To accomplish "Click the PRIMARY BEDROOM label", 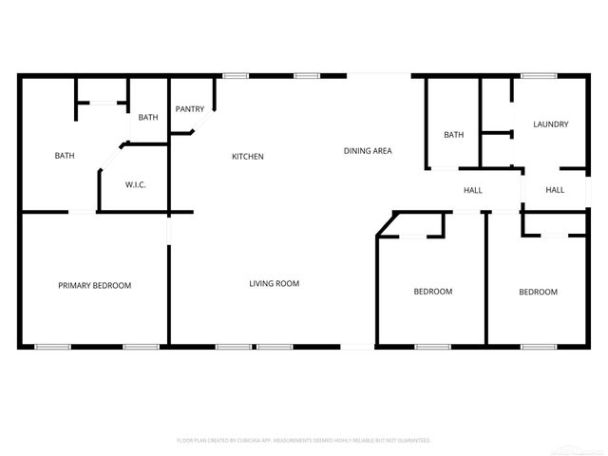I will point(94,285).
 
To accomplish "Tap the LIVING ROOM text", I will point(275,283).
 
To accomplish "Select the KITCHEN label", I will point(248,157).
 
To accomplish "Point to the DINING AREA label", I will point(368,151).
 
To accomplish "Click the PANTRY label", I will point(190,109).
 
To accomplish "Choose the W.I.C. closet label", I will point(135,184).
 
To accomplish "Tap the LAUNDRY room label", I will point(551,124).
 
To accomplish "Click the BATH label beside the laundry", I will point(454,135).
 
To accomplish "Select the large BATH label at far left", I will point(64,156).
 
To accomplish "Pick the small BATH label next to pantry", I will point(148,118).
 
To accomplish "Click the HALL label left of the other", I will point(473,190).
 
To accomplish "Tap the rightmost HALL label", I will point(555,190).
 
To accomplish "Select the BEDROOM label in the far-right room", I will point(538,292).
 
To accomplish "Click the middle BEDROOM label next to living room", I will point(432,292).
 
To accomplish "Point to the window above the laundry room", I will point(539,76).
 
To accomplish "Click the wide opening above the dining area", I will point(378,76).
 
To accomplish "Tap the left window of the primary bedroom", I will point(53,347).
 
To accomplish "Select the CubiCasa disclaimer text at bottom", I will point(303,441).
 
